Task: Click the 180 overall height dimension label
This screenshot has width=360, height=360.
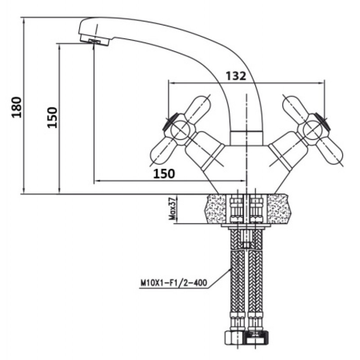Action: pos(17,107)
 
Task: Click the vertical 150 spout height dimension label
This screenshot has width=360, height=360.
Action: pos(52,117)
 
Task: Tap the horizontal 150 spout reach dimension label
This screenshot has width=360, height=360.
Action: pos(164,174)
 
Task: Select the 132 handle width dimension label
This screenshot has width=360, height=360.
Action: pos(236,76)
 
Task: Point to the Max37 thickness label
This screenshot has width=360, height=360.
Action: pos(172,209)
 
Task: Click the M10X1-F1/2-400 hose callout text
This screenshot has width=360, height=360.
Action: pos(174,283)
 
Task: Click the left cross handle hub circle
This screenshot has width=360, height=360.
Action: pos(180,130)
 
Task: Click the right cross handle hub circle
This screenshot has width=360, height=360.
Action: pos(312,130)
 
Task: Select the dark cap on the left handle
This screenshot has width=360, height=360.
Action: pos(170,121)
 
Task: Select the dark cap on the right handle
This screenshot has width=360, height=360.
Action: pos(323,121)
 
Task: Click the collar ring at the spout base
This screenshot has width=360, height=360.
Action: pos(246,138)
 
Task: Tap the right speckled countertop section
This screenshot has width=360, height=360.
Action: pos(278,209)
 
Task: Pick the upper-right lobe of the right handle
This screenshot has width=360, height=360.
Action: pos(293,106)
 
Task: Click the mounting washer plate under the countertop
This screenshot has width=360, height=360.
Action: pos(246,226)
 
